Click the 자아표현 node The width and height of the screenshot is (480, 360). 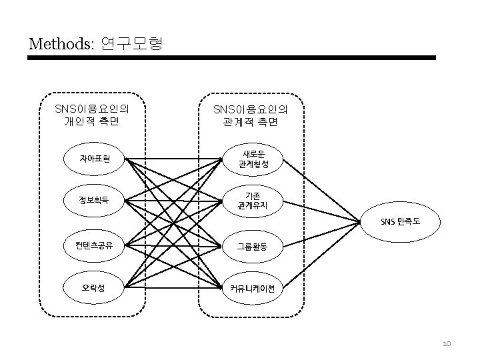tap(94, 159)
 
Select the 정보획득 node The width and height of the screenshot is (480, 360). tap(94, 199)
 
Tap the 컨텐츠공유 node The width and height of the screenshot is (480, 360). tap(94, 245)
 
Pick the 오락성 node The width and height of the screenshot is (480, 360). tap(94, 288)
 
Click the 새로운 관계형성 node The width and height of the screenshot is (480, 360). tap(254, 159)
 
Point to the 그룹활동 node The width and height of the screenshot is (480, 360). tap(253, 246)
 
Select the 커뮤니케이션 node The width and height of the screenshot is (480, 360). tap(253, 288)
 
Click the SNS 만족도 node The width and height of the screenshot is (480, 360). tap(400, 221)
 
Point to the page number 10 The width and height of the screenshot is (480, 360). tap(447, 344)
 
